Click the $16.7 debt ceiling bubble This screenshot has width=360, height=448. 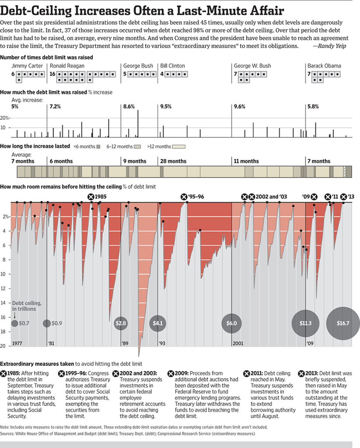pyautogui.click(x=343, y=323)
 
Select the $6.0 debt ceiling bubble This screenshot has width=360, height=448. pyautogui.click(x=231, y=323)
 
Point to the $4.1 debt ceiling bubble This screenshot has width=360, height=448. pyautogui.click(x=157, y=323)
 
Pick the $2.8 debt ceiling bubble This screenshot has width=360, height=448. pyautogui.click(x=121, y=323)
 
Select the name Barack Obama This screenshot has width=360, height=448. pyautogui.click(x=324, y=66)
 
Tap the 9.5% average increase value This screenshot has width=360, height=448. pyautogui.click(x=165, y=106)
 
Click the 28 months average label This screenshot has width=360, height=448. pyautogui.click(x=173, y=161)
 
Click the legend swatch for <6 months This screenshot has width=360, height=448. pyautogui.click(x=98, y=147)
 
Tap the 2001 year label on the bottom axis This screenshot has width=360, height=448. pyautogui.click(x=238, y=343)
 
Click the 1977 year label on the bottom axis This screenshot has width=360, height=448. pyautogui.click(x=18, y=343)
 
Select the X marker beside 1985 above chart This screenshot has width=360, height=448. pyautogui.click(x=91, y=197)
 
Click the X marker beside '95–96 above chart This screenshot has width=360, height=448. pyautogui.click(x=184, y=197)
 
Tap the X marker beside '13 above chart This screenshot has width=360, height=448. pyautogui.click(x=343, y=197)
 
